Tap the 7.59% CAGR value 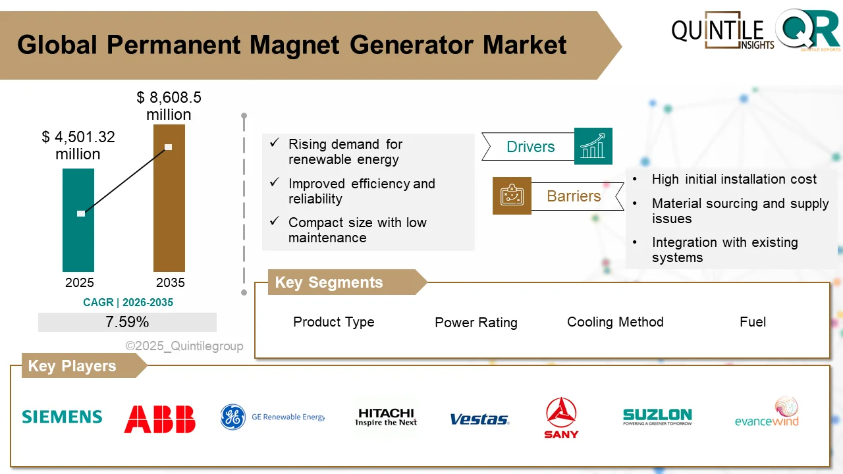pyautogui.click(x=127, y=322)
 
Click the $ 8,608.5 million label pyautogui.click(x=169, y=106)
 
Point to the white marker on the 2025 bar pyautogui.click(x=81, y=213)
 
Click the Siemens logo pyautogui.click(x=62, y=417)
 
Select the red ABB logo pyautogui.click(x=160, y=419)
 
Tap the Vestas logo pyautogui.click(x=479, y=419)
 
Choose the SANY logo pyautogui.click(x=561, y=417)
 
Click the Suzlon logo pyautogui.click(x=657, y=417)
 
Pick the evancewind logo pyautogui.click(x=767, y=413)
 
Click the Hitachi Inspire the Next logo pyautogui.click(x=386, y=417)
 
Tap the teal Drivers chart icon pyautogui.click(x=593, y=146)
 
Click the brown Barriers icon pyautogui.click(x=512, y=196)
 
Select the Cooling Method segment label pyautogui.click(x=615, y=322)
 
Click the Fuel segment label pyautogui.click(x=752, y=322)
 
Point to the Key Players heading pyautogui.click(x=72, y=366)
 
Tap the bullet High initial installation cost pyautogui.click(x=734, y=179)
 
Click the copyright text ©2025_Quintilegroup pyautogui.click(x=184, y=346)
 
